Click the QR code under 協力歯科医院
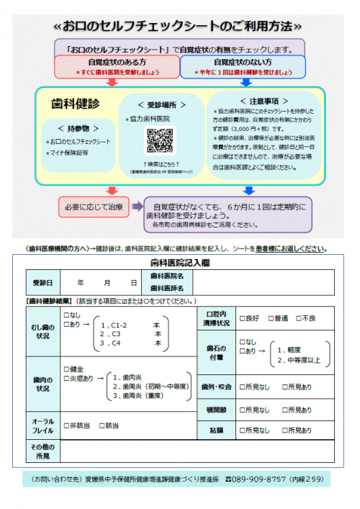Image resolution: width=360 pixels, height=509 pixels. click(160, 140)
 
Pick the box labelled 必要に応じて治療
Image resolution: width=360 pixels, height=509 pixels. click(94, 208)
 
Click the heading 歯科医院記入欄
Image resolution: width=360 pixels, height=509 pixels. click(179, 263)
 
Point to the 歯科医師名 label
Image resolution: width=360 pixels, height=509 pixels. click(167, 288)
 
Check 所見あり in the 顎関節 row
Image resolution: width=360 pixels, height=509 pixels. click(286, 410)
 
